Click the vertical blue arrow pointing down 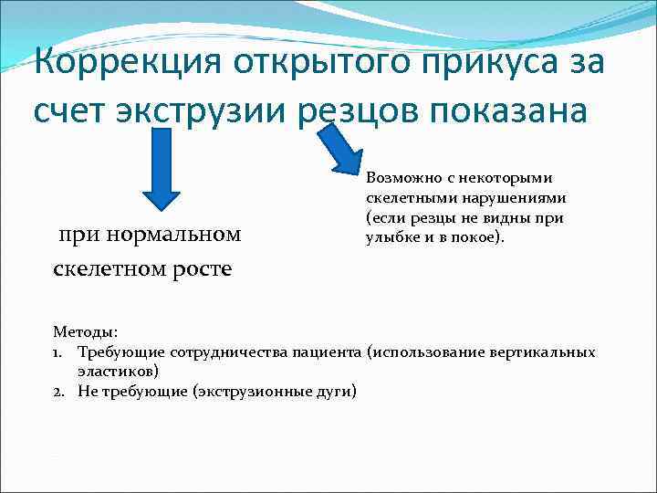162,174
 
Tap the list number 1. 58,351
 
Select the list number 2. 58,391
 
